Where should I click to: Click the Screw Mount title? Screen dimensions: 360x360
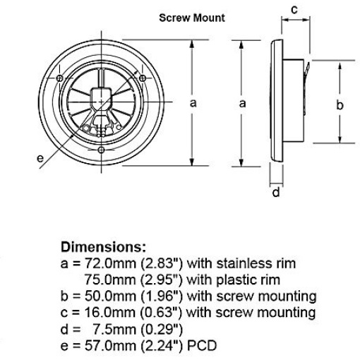[192, 18]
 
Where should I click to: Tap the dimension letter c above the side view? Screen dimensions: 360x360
[294, 10]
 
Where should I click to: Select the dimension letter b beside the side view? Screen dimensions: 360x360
[340, 104]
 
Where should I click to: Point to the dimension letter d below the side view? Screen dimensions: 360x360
[276, 192]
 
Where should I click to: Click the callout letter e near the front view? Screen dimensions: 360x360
[40, 158]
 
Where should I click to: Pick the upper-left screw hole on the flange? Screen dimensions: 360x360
[60, 78]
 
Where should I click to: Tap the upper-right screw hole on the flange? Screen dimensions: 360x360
[143, 78]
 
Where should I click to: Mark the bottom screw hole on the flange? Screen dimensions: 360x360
[101, 150]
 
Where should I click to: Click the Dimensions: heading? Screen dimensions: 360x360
[103, 247]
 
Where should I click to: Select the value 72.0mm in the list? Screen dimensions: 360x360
[110, 263]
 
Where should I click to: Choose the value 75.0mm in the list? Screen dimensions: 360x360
[110, 280]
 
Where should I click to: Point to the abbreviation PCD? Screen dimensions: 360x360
[202, 346]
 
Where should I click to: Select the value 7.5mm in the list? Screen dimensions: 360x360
[114, 329]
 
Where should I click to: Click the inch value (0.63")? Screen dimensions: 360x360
[162, 313]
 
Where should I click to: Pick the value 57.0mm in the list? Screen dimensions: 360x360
[110, 346]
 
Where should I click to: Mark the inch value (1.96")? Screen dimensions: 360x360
[162, 296]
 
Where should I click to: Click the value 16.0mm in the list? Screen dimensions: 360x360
[110, 313]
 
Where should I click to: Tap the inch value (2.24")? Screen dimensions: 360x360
[162, 346]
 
